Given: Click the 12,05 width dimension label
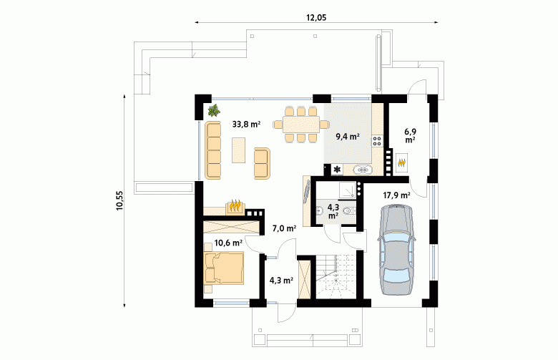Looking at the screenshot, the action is point(316,17).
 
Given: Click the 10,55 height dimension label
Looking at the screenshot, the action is point(119,201).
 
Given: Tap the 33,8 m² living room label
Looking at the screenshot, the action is point(246,125).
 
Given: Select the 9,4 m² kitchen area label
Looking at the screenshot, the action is point(348,136).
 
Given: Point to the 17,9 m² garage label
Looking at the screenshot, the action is point(397,195).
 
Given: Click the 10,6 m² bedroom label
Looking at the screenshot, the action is point(228,243).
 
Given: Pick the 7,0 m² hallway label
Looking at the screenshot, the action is point(284,228).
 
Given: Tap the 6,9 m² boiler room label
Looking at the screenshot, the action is point(410,136).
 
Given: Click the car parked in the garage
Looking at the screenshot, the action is point(396,250).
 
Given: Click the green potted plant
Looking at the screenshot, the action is point(214,111).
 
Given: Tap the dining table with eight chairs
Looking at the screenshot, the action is point(301,125).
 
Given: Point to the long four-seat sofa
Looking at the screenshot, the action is point(212,150).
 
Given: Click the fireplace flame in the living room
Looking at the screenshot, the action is point(235,206).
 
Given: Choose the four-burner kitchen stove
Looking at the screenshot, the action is point(377,141).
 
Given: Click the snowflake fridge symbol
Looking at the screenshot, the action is point(337,170).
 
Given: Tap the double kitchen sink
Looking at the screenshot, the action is point(363,170).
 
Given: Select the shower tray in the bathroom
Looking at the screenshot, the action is point(347,190).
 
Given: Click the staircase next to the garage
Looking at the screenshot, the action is point(336,276).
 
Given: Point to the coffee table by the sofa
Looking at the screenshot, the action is point(238,150).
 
